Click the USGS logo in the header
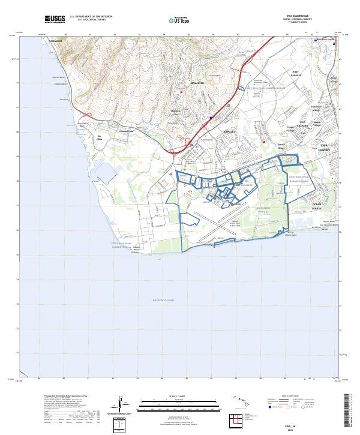tap(54, 19)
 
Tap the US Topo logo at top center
tap(179, 20)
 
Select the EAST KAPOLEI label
tap(295, 73)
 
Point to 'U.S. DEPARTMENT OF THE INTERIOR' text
tap(91, 17)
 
